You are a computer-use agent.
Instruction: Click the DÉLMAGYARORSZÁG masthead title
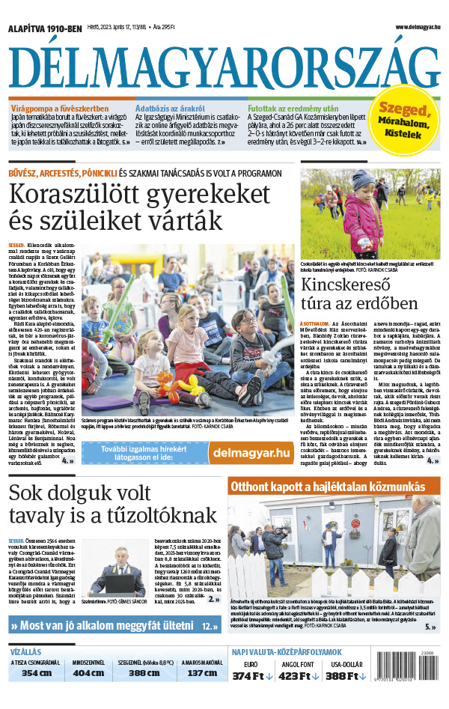point(224,64)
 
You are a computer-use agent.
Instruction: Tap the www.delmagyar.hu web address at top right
point(414,28)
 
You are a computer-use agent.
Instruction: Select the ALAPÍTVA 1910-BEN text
point(44,28)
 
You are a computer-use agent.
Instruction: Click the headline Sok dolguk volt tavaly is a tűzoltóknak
point(112,504)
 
